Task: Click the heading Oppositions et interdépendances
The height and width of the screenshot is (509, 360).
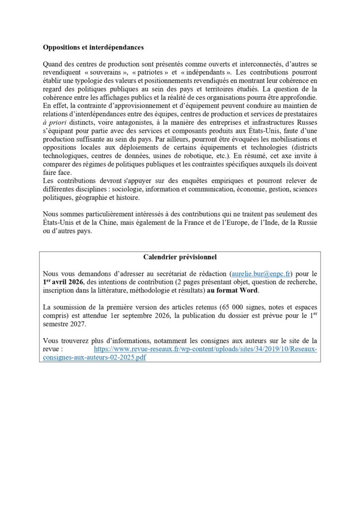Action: click(93, 48)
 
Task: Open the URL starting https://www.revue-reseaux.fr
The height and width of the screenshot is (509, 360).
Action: click(205, 349)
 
